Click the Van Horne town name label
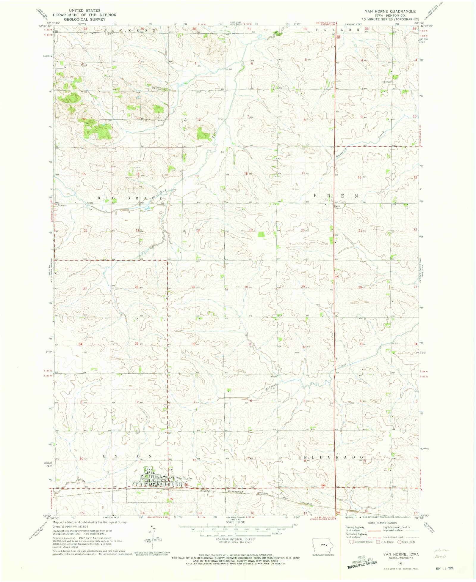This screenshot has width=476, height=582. coord(184,478)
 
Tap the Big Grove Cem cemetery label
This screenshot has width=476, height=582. coord(156,88)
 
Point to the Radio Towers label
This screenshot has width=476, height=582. coord(337,207)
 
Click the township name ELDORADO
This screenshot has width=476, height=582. coord(333,457)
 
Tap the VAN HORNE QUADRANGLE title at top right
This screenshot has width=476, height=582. coord(390,11)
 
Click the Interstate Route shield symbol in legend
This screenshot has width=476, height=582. coord(351,542)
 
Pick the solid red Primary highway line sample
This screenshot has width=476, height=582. coord(375,531)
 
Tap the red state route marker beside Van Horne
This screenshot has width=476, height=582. coord(186,485)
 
